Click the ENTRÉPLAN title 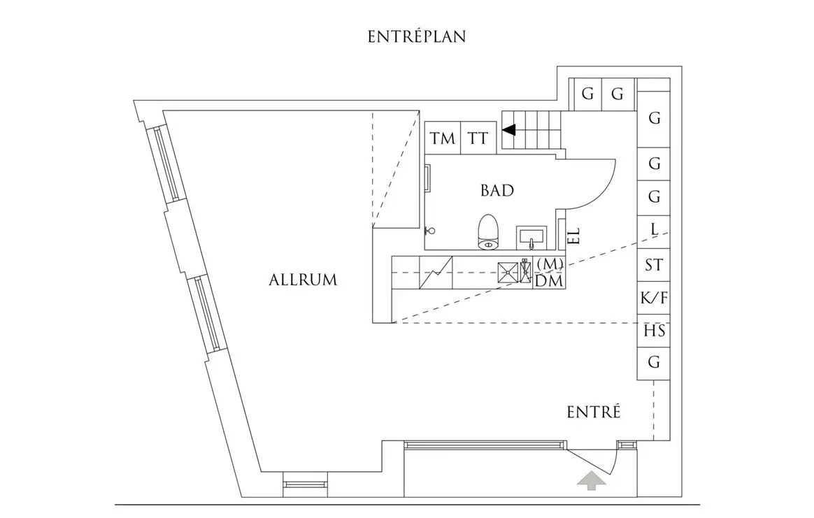[417, 37]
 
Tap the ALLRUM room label [303, 280]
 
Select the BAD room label [497, 190]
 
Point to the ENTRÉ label [593, 412]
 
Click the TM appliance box [442, 138]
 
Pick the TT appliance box [478, 138]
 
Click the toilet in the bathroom [487, 232]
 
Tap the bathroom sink [532, 238]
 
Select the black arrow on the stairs [508, 129]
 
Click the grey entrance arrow [591, 479]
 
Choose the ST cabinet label [654, 266]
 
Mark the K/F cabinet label [654, 298]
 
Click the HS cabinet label [654, 331]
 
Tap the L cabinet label [654, 229]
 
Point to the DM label [549, 281]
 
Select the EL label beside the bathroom [575, 236]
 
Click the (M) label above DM [549, 264]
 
